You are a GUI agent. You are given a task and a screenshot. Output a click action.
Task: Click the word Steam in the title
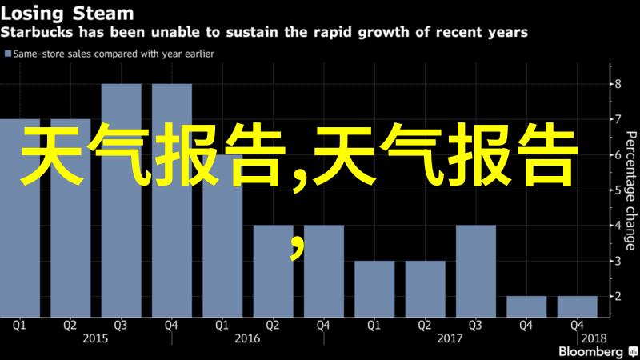(x=103, y=14)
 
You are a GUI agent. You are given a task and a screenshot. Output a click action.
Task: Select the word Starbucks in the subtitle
(x=37, y=32)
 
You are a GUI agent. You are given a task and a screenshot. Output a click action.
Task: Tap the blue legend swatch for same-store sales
(x=7, y=54)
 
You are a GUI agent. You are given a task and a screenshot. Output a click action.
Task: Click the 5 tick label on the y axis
(x=618, y=190)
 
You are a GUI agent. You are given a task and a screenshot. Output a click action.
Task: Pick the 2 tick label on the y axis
(x=618, y=296)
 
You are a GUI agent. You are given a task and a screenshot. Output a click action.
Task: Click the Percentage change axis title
(x=630, y=190)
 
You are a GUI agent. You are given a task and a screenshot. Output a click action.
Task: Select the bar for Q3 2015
(x=122, y=201)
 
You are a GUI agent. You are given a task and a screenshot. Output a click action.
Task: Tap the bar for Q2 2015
(x=70, y=218)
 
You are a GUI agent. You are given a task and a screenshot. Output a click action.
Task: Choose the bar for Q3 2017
(x=476, y=271)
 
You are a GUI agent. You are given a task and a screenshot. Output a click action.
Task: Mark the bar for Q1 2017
(x=374, y=289)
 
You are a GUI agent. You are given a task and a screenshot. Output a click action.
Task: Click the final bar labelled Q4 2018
(x=577, y=306)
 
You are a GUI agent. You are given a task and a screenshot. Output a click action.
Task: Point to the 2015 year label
(x=95, y=338)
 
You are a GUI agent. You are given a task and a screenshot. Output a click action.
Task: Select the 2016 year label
(x=247, y=338)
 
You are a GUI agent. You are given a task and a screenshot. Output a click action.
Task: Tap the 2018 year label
(x=594, y=338)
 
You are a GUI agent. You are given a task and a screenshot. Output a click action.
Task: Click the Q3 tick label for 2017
(x=475, y=326)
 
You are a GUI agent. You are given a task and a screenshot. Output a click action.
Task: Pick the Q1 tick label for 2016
(x=222, y=326)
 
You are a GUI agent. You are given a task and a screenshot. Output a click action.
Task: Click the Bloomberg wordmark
(x=590, y=352)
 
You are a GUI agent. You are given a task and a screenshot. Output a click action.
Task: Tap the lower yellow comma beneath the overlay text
(x=298, y=248)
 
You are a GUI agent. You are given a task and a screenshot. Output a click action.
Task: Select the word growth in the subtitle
(x=384, y=32)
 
